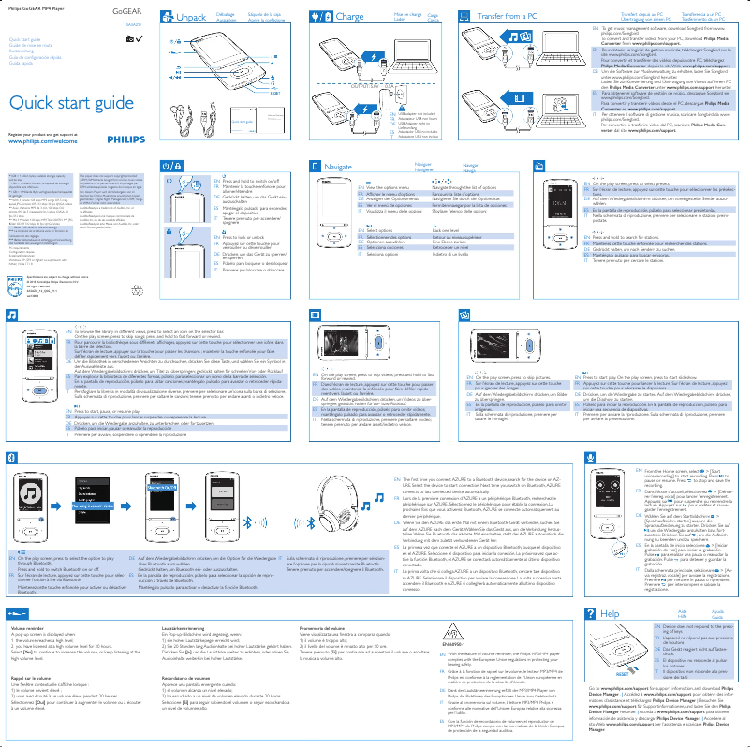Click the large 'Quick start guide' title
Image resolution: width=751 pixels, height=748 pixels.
coord(66,103)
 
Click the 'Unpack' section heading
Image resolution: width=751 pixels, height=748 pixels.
coord(190,18)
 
